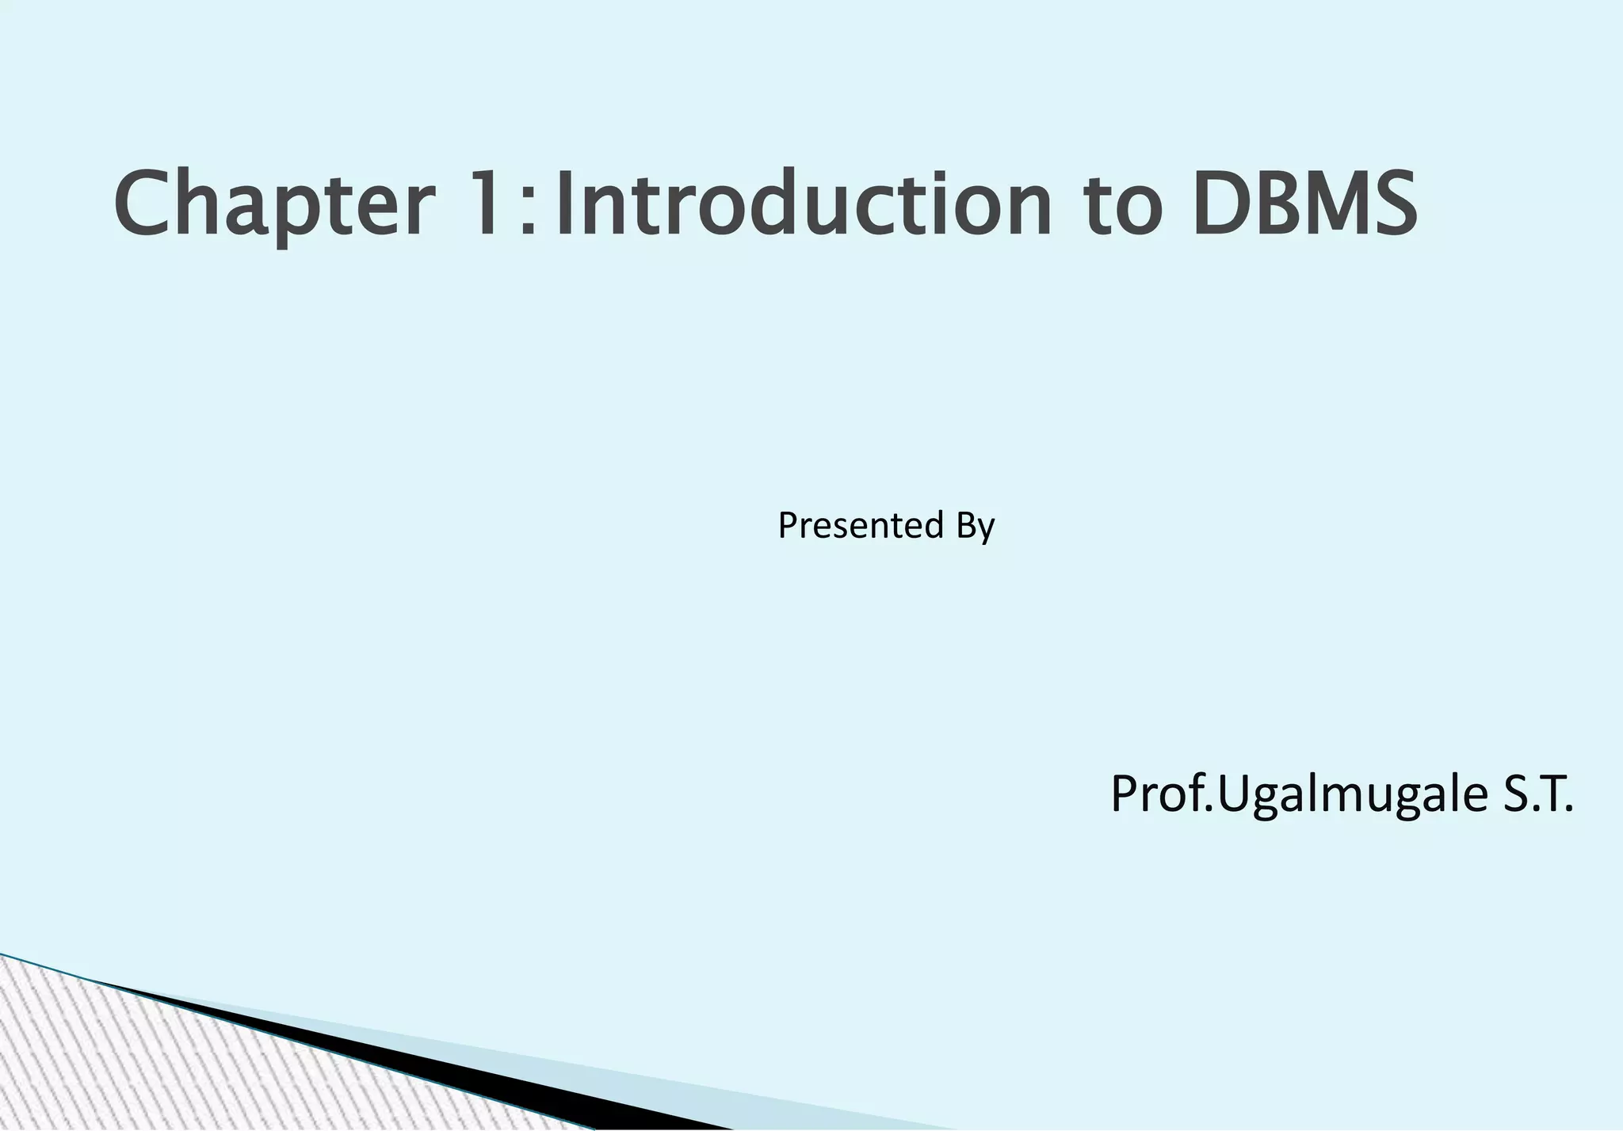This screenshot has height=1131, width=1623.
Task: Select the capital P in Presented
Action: point(786,525)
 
